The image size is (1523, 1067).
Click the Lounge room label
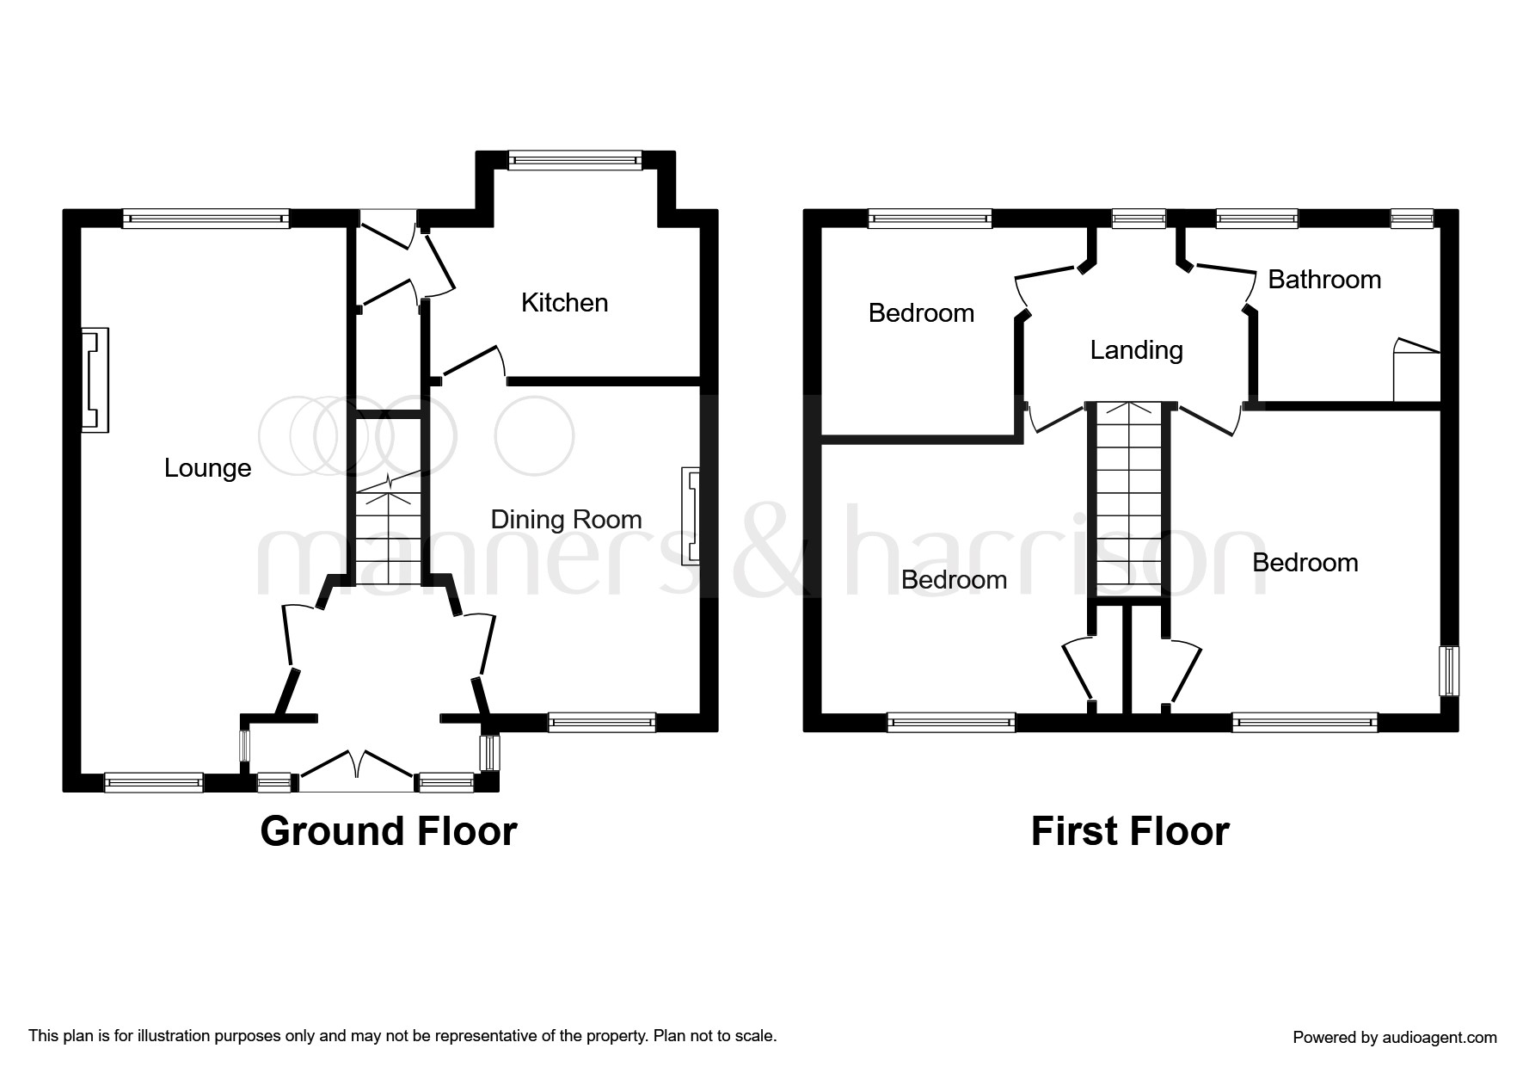click(x=207, y=468)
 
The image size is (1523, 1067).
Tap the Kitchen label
click(x=564, y=303)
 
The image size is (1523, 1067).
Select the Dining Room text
click(x=566, y=520)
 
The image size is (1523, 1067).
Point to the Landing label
click(x=1136, y=350)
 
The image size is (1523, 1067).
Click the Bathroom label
click(x=1324, y=280)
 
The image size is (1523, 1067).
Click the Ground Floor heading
click(x=389, y=831)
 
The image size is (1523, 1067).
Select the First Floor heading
click(x=1130, y=831)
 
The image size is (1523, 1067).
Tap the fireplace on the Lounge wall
click(x=95, y=379)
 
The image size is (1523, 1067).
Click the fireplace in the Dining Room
click(x=691, y=516)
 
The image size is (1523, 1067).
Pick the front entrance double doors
click(x=357, y=770)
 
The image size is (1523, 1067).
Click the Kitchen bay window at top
click(x=574, y=159)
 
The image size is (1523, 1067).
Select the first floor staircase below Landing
click(x=1129, y=499)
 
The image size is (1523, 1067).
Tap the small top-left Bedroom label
click(x=921, y=313)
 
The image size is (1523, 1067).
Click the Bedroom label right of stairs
click(x=1305, y=563)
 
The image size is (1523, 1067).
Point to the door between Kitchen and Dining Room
click(x=471, y=361)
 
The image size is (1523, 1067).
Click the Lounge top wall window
click(x=206, y=219)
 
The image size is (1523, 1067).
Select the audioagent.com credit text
click(x=1394, y=1037)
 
